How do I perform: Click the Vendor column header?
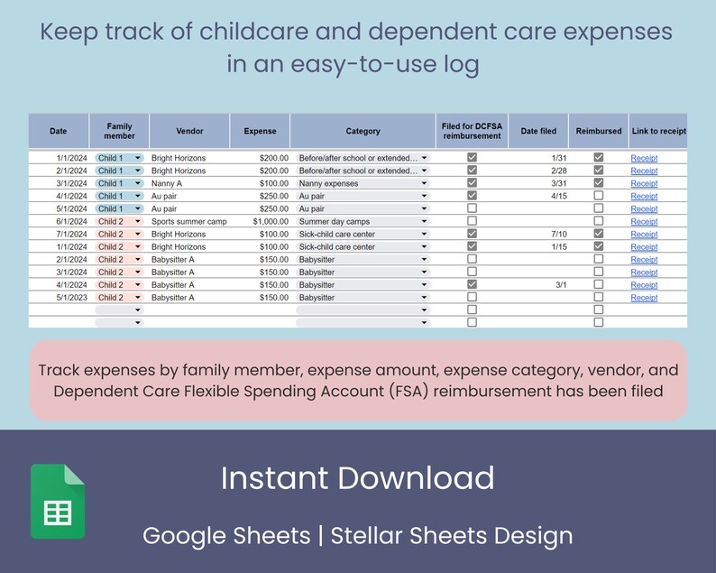pyautogui.click(x=189, y=131)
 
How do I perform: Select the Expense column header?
pyautogui.click(x=260, y=131)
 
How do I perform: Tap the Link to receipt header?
pyautogui.click(x=657, y=131)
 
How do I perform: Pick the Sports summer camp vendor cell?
pyautogui.click(x=188, y=221)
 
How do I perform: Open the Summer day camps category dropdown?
pyautogui.click(x=424, y=221)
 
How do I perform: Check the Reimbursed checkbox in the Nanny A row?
pyautogui.click(x=599, y=183)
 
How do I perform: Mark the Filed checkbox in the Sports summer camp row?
pyautogui.click(x=472, y=221)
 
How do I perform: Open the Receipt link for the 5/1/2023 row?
pyautogui.click(x=644, y=298)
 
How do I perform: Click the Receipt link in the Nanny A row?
pyautogui.click(x=644, y=183)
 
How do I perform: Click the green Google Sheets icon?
pyautogui.click(x=58, y=501)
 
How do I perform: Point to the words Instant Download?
pyautogui.click(x=357, y=478)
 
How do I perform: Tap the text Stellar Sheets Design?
pyautogui.click(x=451, y=535)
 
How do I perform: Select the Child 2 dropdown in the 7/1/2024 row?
pyautogui.click(x=118, y=234)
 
